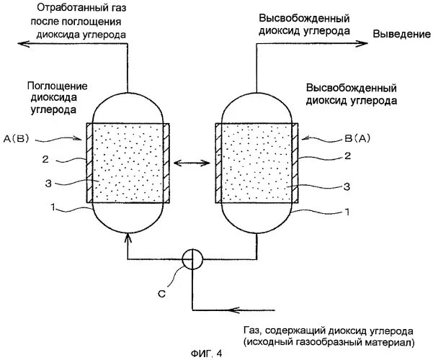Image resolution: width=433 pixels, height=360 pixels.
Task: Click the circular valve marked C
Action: pyautogui.click(x=191, y=258)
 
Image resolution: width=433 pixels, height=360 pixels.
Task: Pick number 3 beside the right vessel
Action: pyautogui.click(x=347, y=186)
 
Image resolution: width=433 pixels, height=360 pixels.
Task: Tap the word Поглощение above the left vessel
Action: pyautogui.click(x=54, y=84)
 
